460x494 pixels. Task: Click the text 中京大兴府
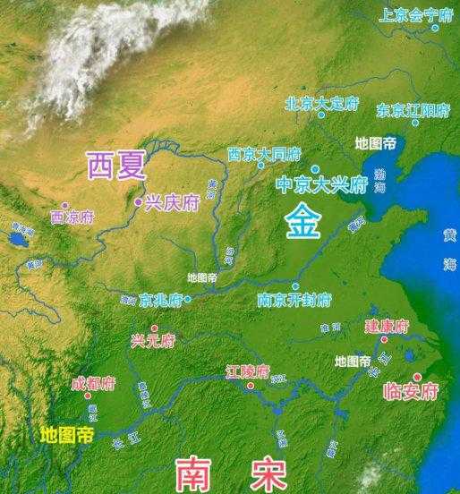322,185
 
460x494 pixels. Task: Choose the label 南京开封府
294,299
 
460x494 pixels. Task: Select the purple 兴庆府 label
173,203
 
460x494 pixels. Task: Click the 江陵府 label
248,370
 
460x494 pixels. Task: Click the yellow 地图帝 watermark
67,436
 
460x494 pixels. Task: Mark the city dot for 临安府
417,377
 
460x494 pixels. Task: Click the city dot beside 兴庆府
138,203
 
